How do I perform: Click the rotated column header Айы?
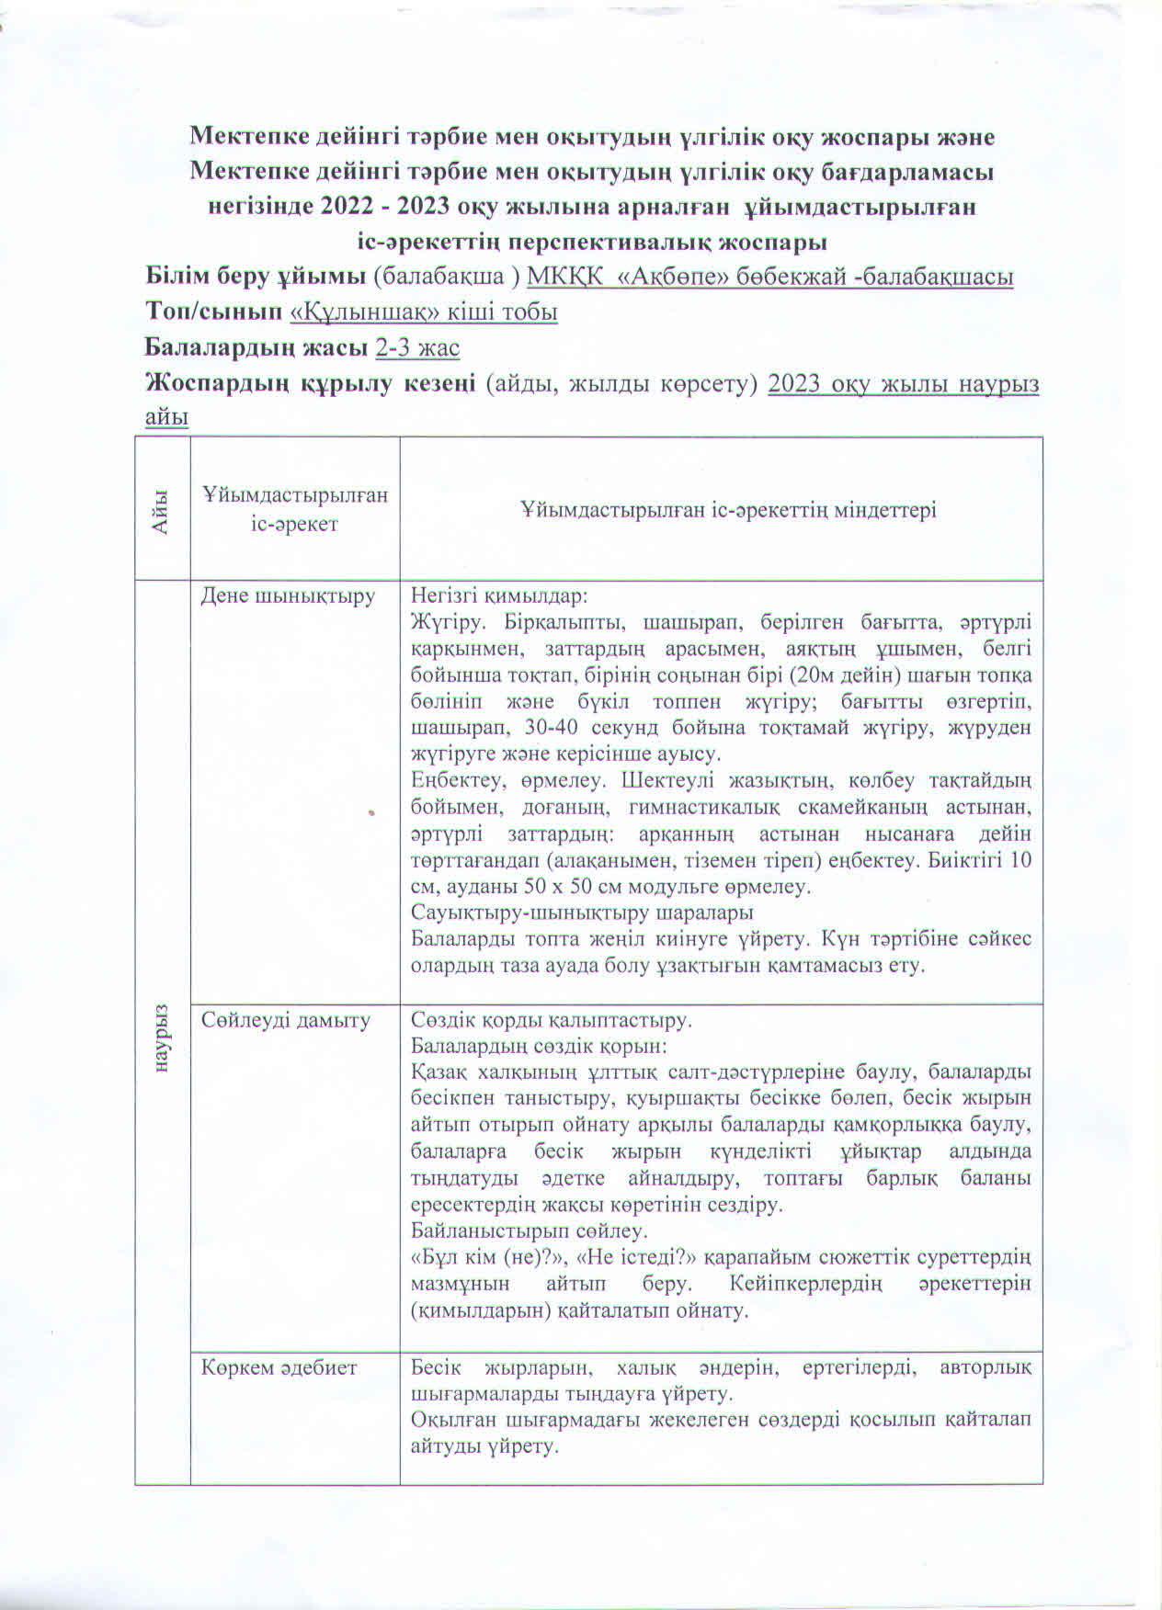163,509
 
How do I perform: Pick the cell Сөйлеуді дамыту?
286,1020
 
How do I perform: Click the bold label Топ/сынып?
214,312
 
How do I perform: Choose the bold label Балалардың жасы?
257,348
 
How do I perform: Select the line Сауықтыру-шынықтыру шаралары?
582,913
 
